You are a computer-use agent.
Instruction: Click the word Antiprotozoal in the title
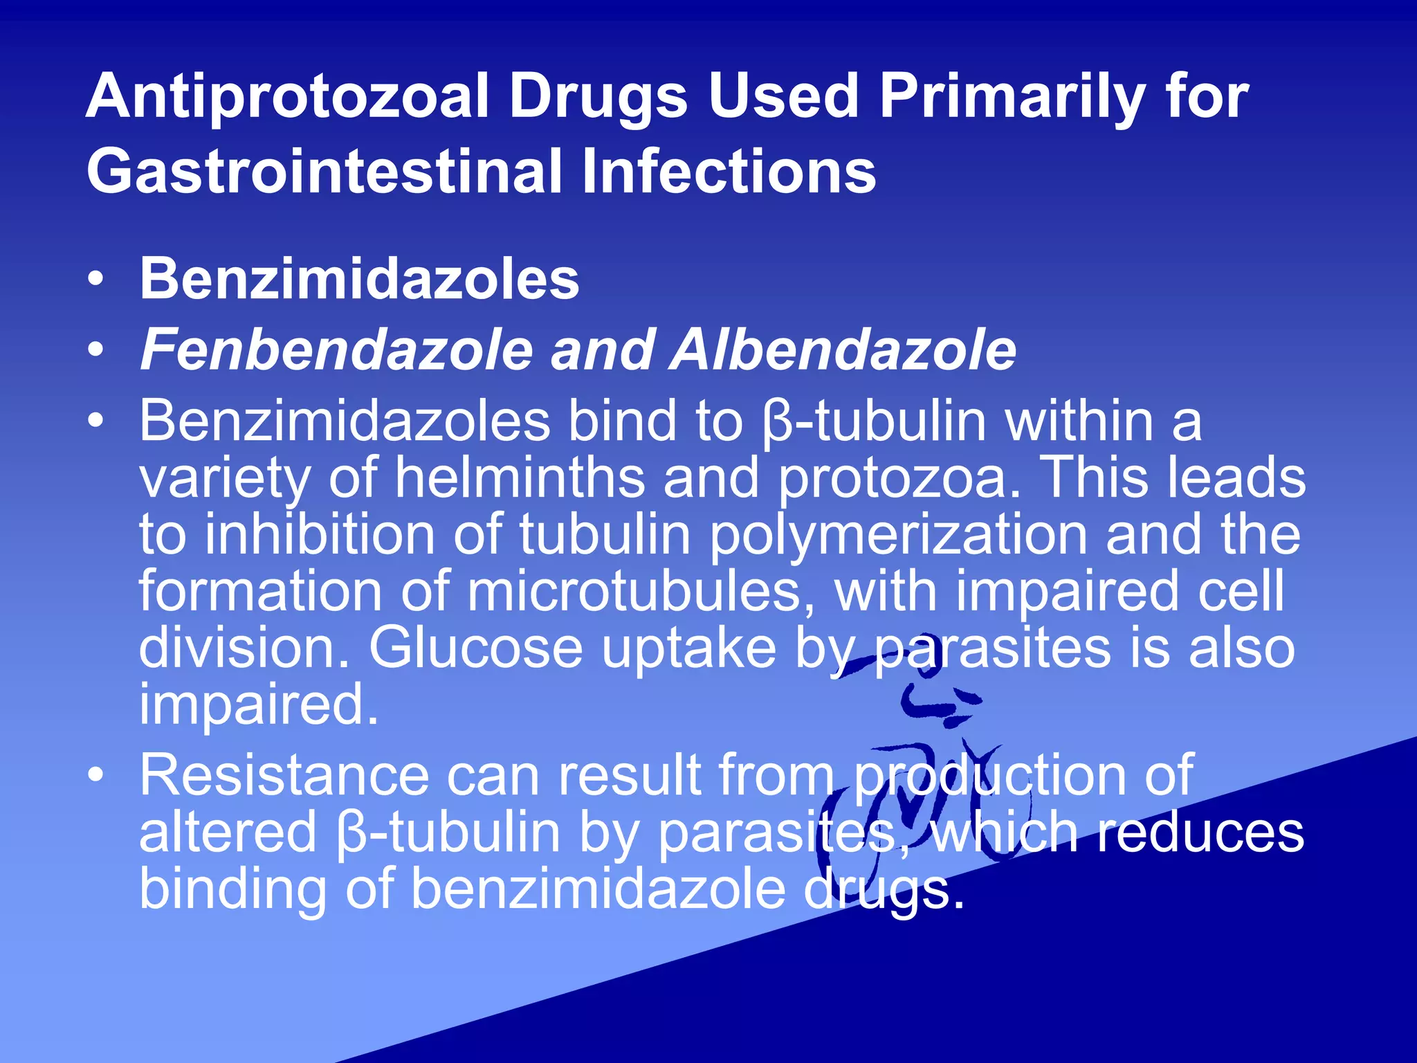287,97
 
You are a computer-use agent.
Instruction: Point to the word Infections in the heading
729,172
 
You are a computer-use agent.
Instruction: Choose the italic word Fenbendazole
336,350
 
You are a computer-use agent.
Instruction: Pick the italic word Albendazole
844,350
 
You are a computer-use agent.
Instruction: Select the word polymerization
899,534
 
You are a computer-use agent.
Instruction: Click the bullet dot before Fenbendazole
96,350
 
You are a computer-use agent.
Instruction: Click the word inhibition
319,534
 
